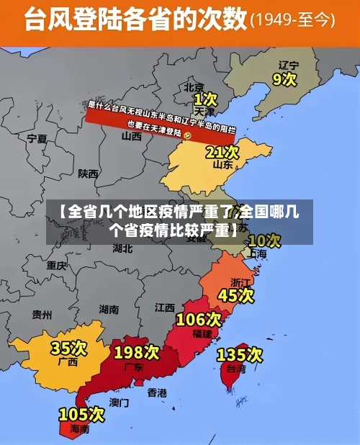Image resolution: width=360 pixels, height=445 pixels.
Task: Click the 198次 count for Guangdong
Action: point(136,352)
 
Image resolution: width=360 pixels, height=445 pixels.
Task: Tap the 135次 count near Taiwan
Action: point(239,354)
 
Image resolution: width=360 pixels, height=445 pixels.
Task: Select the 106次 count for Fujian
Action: point(199,319)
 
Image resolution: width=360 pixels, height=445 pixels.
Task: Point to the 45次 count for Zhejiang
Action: point(235,295)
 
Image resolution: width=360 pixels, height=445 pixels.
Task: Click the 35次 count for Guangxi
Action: point(68,349)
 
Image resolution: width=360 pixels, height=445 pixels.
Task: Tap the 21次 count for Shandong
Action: point(222,152)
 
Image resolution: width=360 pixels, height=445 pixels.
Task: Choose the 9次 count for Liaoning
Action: point(284,78)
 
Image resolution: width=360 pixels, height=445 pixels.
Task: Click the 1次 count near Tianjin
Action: point(205,98)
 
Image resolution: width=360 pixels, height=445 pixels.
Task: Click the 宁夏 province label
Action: point(37,138)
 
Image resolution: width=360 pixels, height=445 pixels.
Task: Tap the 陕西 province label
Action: point(89,174)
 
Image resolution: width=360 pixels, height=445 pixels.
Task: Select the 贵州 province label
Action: point(42,314)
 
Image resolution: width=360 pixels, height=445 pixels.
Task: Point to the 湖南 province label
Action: point(109,310)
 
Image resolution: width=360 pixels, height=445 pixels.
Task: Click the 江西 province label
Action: point(164,307)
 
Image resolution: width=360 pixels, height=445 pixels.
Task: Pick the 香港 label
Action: point(157,392)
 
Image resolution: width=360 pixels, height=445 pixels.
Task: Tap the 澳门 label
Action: point(120,402)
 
